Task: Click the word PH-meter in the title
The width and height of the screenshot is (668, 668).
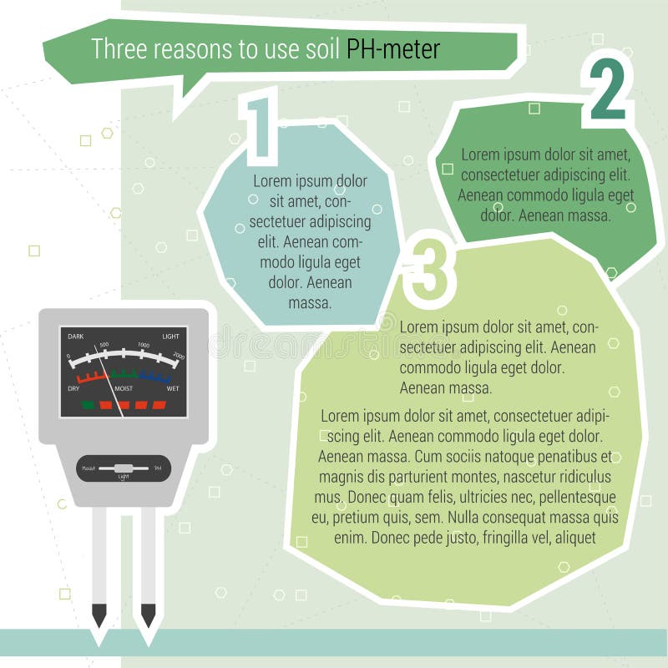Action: click(x=393, y=48)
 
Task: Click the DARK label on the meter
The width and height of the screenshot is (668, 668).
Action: click(x=76, y=336)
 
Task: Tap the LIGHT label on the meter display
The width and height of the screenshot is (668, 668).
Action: click(x=170, y=336)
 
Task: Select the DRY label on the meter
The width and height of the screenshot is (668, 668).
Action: click(x=73, y=389)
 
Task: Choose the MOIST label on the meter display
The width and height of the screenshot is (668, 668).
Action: click(x=124, y=389)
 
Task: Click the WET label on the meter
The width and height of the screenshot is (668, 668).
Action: click(x=173, y=389)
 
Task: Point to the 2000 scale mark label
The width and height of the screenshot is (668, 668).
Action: click(x=177, y=357)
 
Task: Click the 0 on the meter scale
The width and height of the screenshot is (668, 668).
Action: click(x=69, y=357)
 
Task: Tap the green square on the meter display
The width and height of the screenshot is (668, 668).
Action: click(x=88, y=405)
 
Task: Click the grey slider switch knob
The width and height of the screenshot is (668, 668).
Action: click(x=124, y=468)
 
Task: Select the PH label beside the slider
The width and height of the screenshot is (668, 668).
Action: click(x=158, y=468)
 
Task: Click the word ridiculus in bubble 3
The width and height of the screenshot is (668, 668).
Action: click(x=582, y=477)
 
